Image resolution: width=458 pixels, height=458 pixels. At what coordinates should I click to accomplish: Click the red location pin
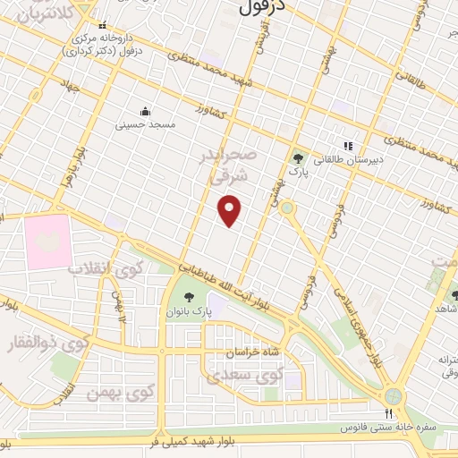(230, 210)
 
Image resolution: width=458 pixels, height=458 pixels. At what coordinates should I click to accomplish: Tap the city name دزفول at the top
(262, 7)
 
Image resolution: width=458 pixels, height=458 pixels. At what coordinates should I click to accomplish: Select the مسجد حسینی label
(142, 125)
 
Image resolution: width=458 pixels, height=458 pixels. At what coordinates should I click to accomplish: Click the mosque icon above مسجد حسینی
(143, 111)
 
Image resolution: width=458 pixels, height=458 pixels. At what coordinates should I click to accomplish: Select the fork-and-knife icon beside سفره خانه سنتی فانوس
(387, 414)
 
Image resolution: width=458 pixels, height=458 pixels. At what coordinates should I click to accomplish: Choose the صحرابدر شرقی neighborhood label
(234, 166)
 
